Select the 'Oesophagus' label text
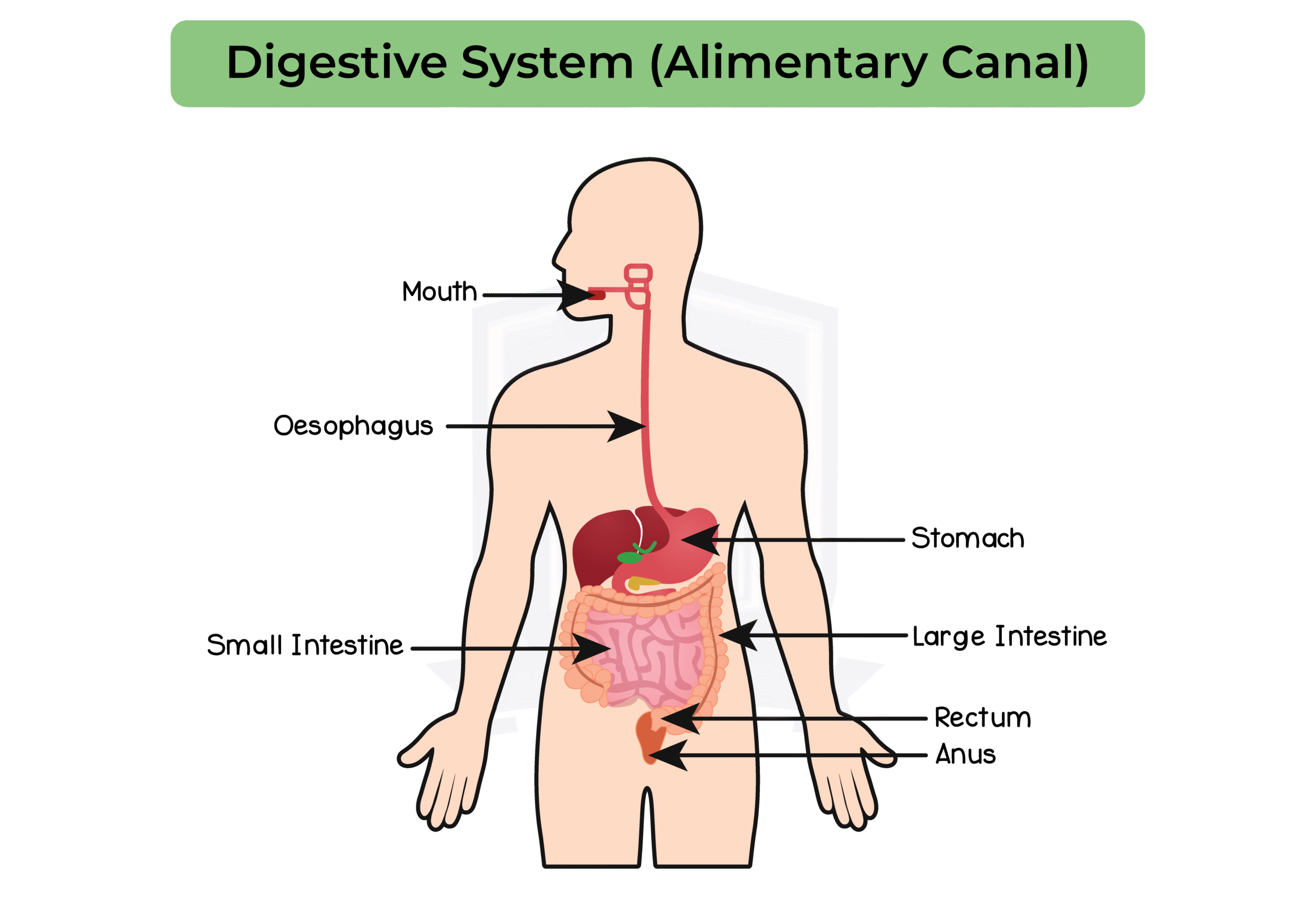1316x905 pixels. click(x=353, y=426)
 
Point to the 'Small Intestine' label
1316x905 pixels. click(x=305, y=645)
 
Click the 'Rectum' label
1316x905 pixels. click(x=982, y=718)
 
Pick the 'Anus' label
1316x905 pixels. click(x=965, y=755)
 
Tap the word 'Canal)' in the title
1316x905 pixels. click(x=1014, y=64)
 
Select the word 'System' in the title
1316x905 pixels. click(x=547, y=64)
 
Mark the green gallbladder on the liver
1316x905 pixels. click(x=628, y=557)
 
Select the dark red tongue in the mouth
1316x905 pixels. click(x=596, y=294)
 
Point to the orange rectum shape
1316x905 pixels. click(x=649, y=737)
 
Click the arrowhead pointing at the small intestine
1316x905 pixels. click(x=592, y=648)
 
